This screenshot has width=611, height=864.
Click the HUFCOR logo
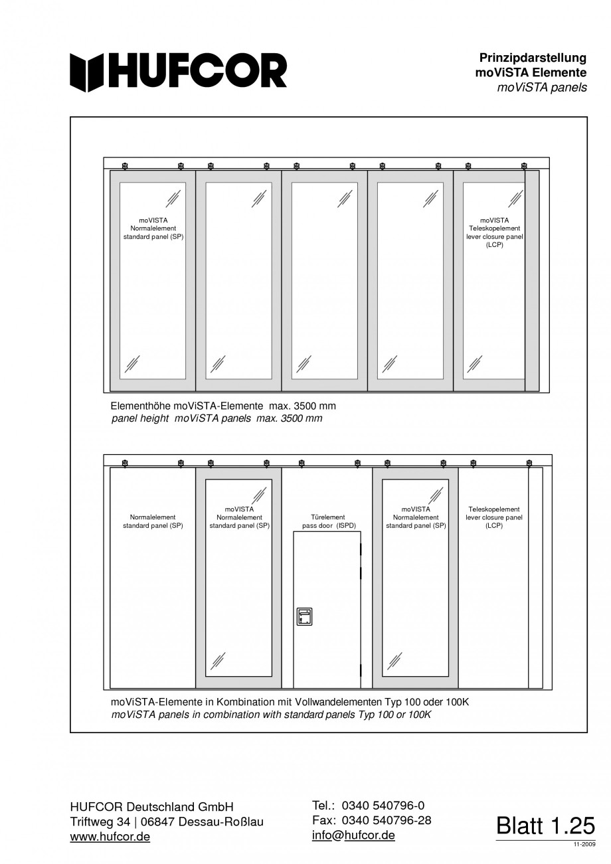[179, 71]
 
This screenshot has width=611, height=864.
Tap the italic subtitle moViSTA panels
[541, 88]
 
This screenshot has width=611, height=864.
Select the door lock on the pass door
[304, 617]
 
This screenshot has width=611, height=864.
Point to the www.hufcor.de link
[110, 837]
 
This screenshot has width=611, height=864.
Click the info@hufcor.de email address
[353, 835]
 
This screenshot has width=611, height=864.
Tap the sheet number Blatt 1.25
[545, 825]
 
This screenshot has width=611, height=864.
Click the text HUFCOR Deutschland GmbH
[152, 807]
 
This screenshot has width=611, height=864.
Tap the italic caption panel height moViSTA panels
[217, 419]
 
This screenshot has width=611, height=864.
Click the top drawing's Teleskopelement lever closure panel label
[494, 232]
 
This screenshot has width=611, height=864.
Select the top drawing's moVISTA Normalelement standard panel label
[153, 228]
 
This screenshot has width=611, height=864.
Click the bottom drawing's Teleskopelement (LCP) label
[494, 517]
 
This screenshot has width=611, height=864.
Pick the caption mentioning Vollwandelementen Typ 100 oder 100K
[290, 702]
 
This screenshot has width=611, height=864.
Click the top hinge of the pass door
[361, 549]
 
